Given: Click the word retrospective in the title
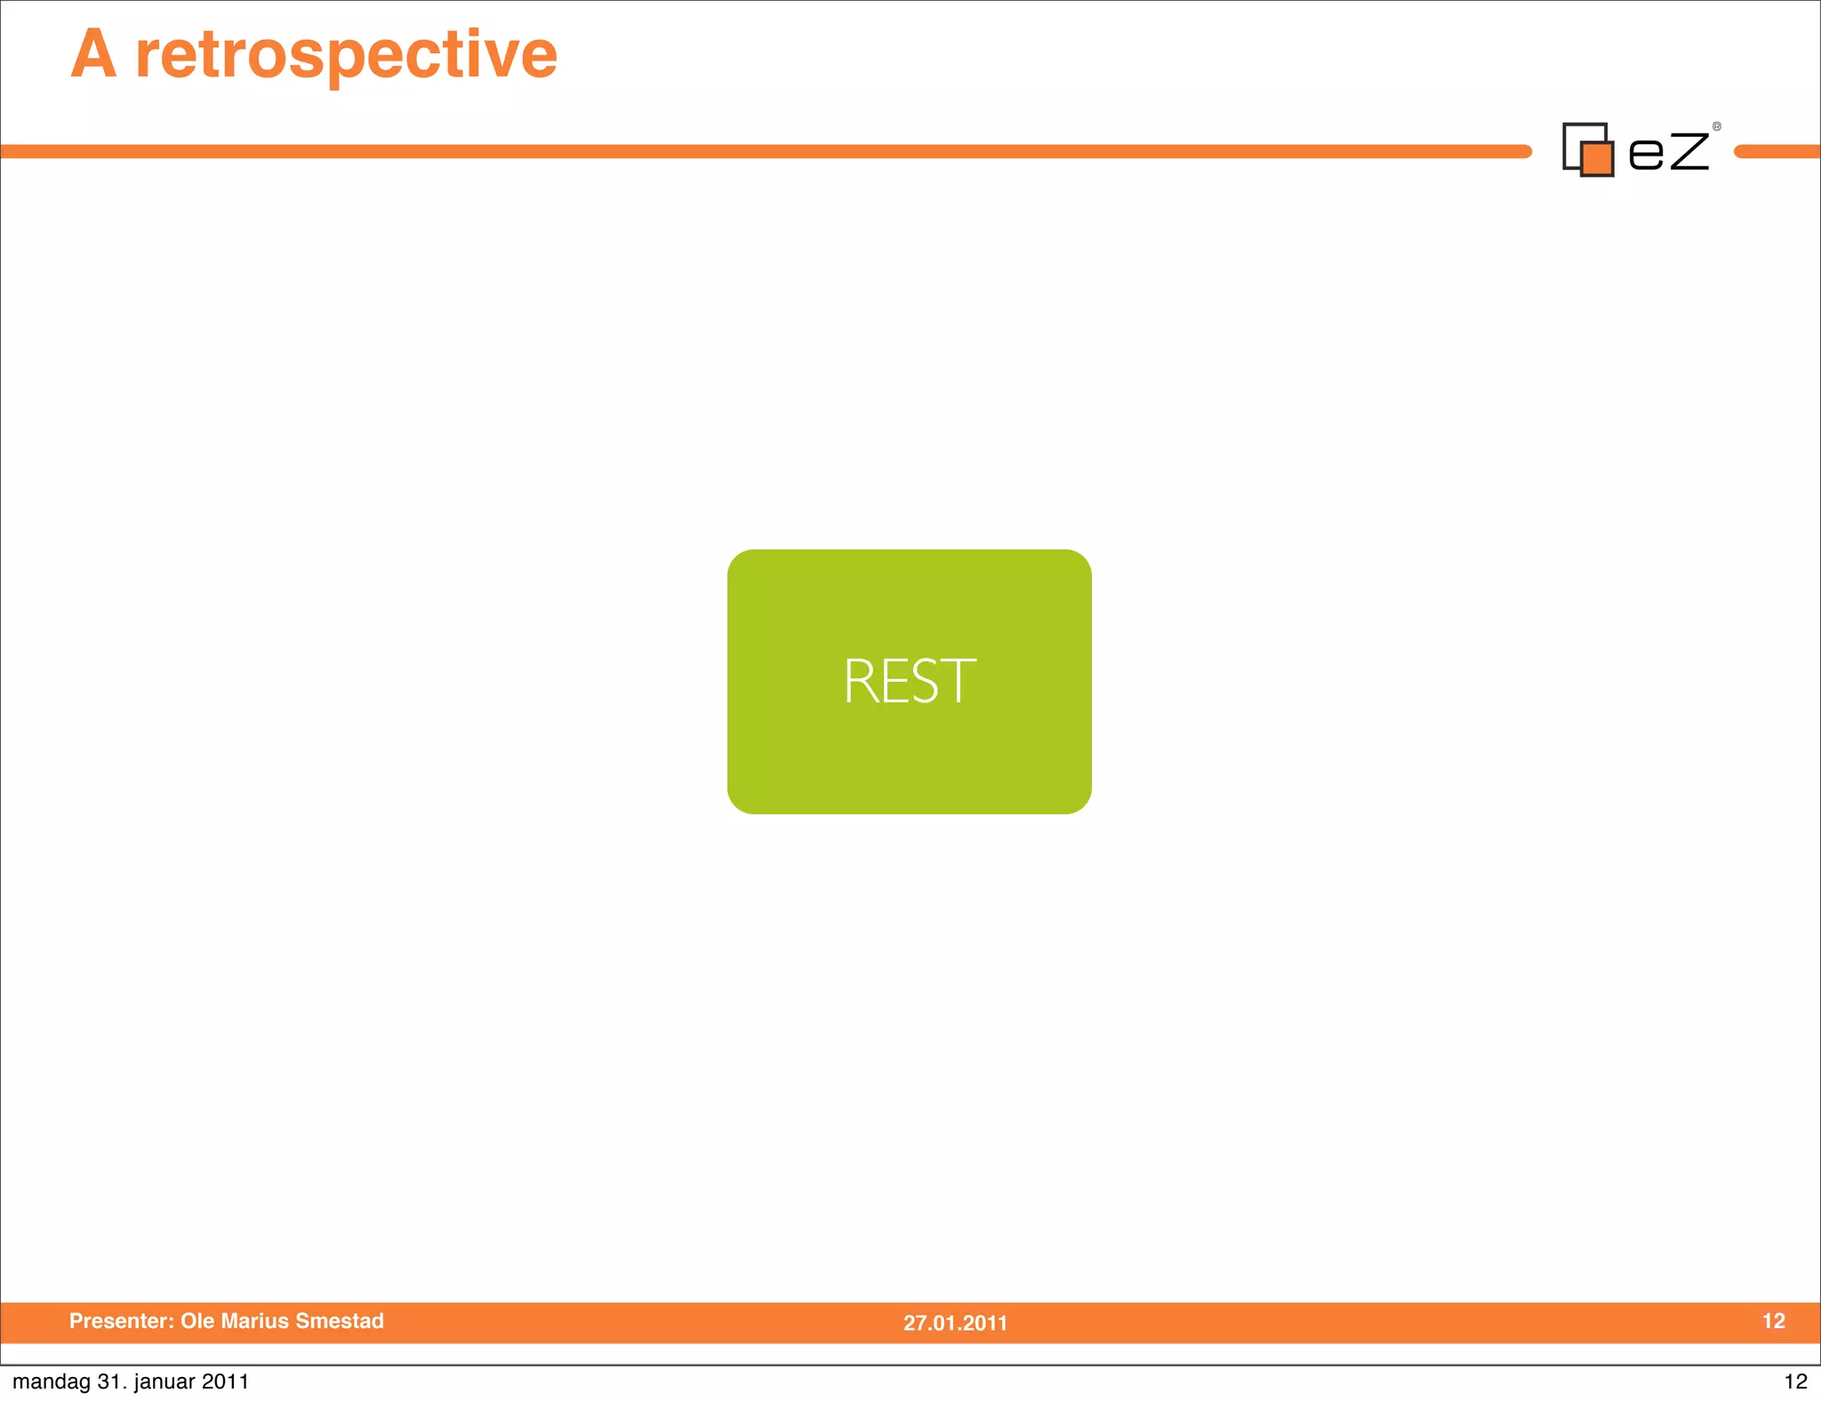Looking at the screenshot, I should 346,55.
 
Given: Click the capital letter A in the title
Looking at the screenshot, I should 93,55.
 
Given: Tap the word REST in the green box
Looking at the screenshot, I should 909,682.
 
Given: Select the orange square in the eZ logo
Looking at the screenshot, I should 1598,159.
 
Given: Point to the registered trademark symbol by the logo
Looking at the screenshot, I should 1717,126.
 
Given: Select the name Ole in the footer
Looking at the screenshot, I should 198,1321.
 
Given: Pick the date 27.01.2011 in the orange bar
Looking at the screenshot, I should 955,1323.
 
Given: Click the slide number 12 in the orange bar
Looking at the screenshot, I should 1773,1321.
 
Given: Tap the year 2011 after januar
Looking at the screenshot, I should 225,1381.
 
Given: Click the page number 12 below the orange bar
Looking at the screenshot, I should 1795,1381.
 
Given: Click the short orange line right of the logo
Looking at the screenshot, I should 1777,152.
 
